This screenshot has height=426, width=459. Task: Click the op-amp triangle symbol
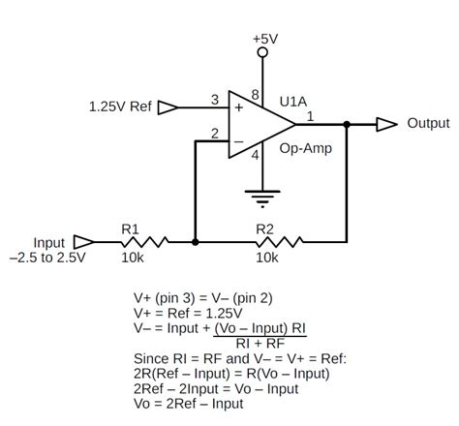point(258,123)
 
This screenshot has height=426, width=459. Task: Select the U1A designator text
point(294,101)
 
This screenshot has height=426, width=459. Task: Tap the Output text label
point(428,124)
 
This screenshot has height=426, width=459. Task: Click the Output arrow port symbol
point(386,124)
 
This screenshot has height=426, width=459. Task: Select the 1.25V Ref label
point(120,106)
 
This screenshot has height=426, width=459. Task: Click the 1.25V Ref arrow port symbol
point(168,106)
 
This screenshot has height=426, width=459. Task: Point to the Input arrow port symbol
point(83,241)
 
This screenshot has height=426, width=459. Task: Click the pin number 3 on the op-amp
point(215,99)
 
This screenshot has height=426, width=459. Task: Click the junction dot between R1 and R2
point(196,241)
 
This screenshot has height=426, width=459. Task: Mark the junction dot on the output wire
point(347,124)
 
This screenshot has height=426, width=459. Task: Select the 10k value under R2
point(267,259)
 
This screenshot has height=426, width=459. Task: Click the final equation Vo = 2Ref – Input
point(189,404)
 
